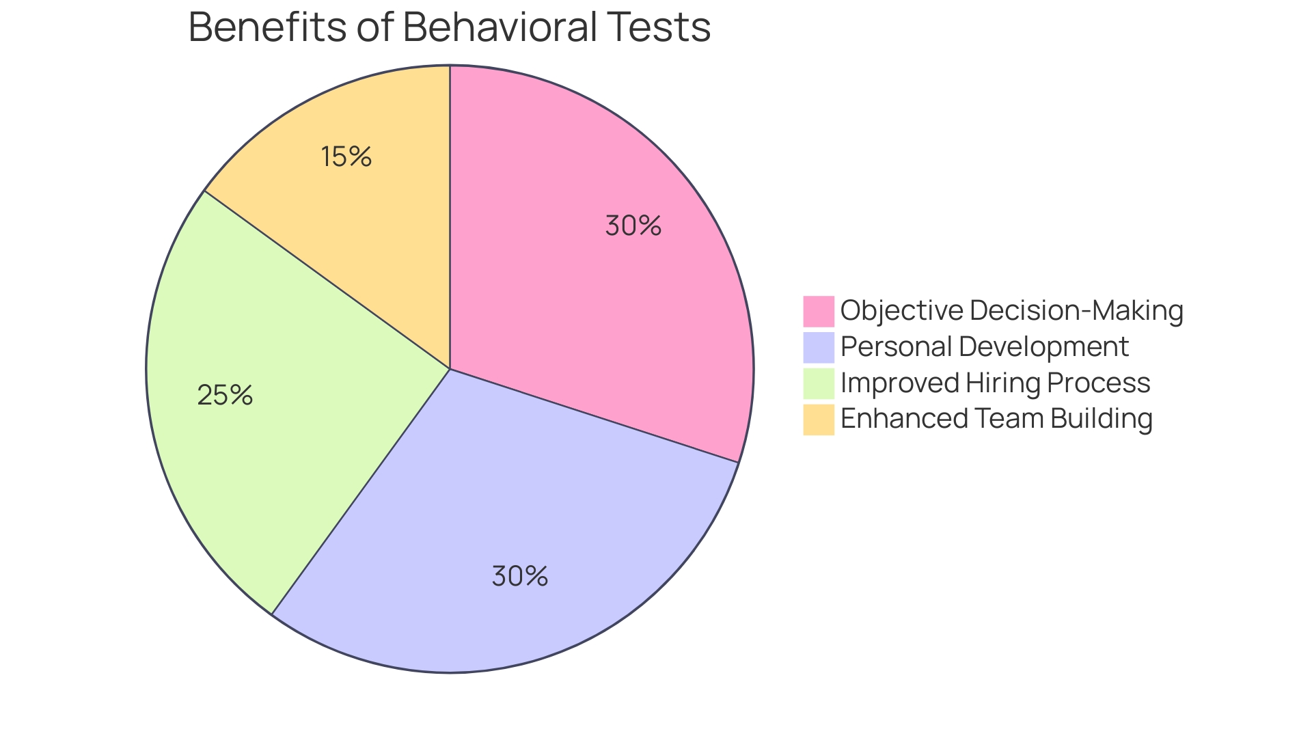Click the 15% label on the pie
click(x=346, y=157)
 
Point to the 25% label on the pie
click(x=225, y=396)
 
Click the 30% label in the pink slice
click(x=633, y=226)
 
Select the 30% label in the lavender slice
click(x=519, y=577)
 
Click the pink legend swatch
click(x=818, y=311)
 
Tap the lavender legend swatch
click(x=818, y=347)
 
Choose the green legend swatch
click(x=818, y=383)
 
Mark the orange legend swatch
click(x=818, y=420)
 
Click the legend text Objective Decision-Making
click(x=1011, y=311)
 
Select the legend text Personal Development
click(x=984, y=347)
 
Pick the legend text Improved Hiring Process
click(x=995, y=383)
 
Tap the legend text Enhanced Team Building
click(x=996, y=419)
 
